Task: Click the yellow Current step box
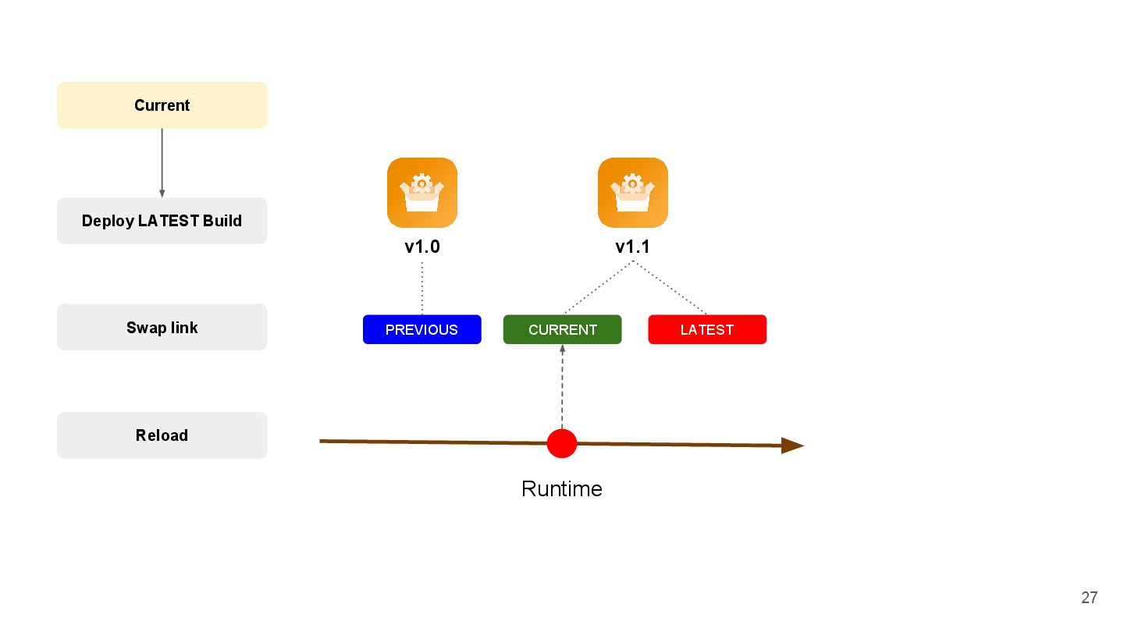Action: [162, 105]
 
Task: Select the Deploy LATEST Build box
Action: [162, 221]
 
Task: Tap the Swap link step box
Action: [162, 328]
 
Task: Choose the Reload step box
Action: [162, 435]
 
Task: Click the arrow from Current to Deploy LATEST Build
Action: [162, 162]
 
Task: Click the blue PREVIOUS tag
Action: [421, 329]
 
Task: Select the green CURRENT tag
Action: [562, 329]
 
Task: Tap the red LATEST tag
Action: [707, 329]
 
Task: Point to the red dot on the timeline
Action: [562, 443]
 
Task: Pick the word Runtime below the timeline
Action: [562, 489]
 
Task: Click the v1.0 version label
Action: [422, 247]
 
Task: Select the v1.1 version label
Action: [633, 247]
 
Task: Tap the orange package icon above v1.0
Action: [422, 192]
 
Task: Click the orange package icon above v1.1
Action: [633, 192]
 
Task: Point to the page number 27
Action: [1090, 598]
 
